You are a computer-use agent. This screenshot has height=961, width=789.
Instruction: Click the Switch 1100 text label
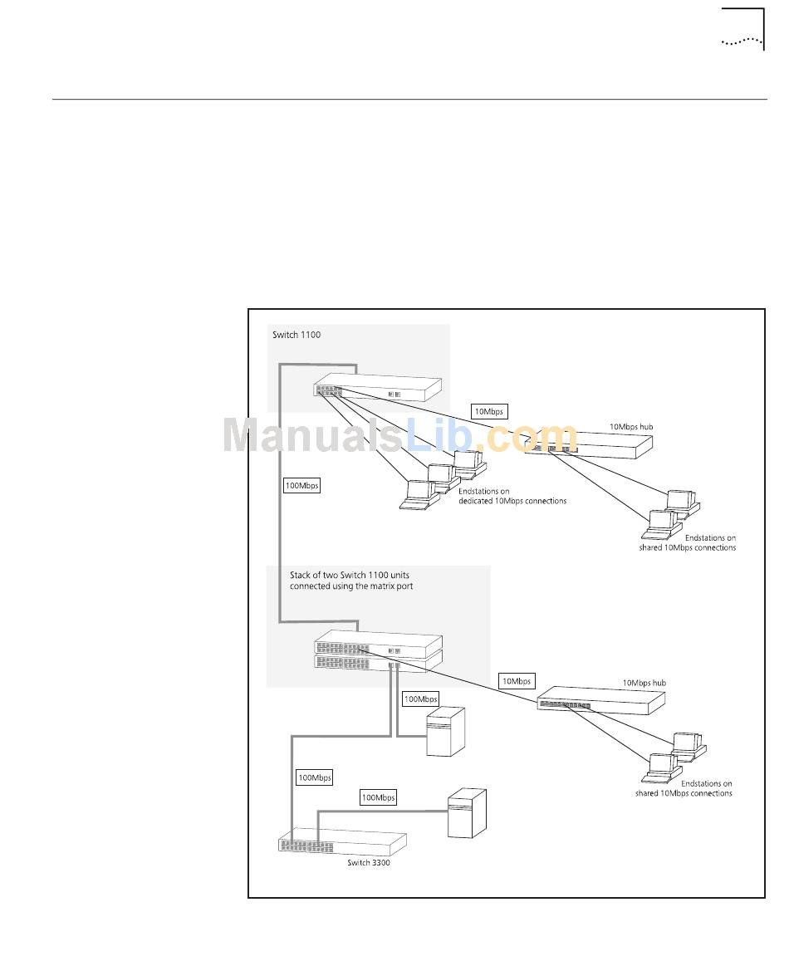(296, 336)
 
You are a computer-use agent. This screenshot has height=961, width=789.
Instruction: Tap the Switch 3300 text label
(369, 863)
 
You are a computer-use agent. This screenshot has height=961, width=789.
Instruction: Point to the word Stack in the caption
(300, 574)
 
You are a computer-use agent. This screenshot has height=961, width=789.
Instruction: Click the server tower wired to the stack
(445, 731)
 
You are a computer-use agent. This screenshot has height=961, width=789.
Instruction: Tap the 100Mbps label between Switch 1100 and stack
(301, 485)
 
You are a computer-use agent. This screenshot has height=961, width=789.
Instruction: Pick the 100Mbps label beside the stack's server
(420, 699)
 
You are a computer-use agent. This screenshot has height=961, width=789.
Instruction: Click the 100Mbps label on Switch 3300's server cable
(378, 797)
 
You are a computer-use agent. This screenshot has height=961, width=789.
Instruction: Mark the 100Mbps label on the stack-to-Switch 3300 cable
(314, 777)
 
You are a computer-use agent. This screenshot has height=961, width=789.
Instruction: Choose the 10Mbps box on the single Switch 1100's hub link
(489, 410)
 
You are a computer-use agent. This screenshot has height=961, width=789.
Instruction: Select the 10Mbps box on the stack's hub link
(516, 681)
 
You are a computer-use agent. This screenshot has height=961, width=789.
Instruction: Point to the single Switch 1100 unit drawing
(377, 389)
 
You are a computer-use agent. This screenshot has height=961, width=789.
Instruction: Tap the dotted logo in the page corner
(742, 41)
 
